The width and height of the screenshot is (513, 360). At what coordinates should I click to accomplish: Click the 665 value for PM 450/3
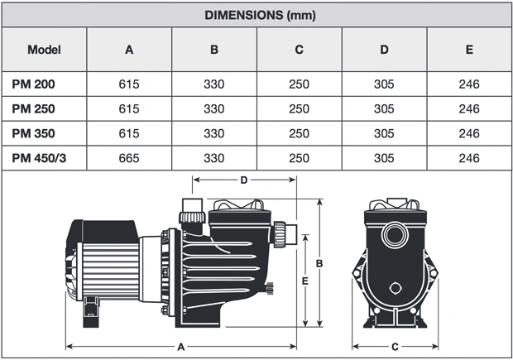(x=129, y=158)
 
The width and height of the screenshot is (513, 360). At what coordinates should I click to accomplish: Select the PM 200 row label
(x=33, y=84)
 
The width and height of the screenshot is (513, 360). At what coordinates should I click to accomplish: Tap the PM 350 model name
(x=33, y=133)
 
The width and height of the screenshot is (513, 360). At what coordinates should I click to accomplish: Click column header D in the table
(x=384, y=50)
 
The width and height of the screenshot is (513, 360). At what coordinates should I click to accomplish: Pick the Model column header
(x=44, y=50)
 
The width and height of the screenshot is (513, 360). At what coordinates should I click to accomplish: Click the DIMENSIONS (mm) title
(x=260, y=15)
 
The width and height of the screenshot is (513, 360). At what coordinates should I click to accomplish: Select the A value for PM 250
(x=129, y=109)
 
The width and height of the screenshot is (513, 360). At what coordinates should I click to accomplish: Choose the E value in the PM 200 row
(x=469, y=84)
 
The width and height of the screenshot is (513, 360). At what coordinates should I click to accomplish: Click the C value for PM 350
(x=299, y=133)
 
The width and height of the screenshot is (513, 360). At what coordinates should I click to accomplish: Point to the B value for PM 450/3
(x=214, y=158)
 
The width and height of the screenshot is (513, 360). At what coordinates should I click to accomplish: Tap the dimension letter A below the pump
(x=181, y=347)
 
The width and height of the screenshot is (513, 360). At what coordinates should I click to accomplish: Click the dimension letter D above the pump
(x=244, y=180)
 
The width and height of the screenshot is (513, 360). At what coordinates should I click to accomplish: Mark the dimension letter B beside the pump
(x=319, y=263)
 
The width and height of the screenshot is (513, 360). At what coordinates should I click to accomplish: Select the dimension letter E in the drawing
(x=305, y=281)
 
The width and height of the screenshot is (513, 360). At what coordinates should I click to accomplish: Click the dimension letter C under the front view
(x=395, y=347)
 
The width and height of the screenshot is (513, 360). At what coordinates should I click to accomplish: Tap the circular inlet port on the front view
(x=395, y=235)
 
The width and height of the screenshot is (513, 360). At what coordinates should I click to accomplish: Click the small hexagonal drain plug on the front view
(x=396, y=288)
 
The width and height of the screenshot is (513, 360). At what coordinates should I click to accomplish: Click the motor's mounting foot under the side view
(x=91, y=312)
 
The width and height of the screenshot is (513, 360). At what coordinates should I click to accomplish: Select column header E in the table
(x=469, y=50)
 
